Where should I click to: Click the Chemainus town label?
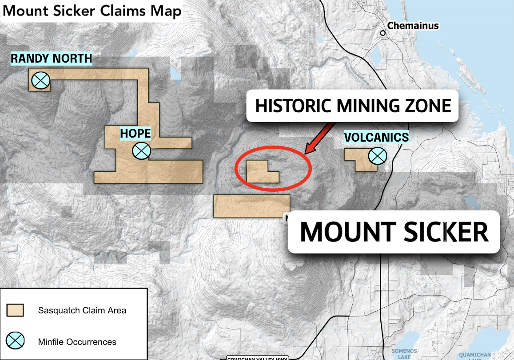[413, 26]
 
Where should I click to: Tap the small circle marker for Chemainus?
[383, 33]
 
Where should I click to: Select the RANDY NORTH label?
[52, 58]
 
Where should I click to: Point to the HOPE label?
[135, 133]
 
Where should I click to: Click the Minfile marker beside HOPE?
[142, 151]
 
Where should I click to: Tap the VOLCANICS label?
[377, 137]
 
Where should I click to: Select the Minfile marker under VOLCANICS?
[377, 156]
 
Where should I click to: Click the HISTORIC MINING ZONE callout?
[353, 106]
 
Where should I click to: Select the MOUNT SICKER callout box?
[394, 232]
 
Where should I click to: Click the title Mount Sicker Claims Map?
[92, 11]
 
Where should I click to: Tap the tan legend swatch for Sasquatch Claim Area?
[15, 310]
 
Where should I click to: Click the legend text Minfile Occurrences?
[77, 342]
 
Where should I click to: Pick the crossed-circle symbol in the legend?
[15, 341]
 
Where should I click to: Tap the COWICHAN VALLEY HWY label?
[257, 358]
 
